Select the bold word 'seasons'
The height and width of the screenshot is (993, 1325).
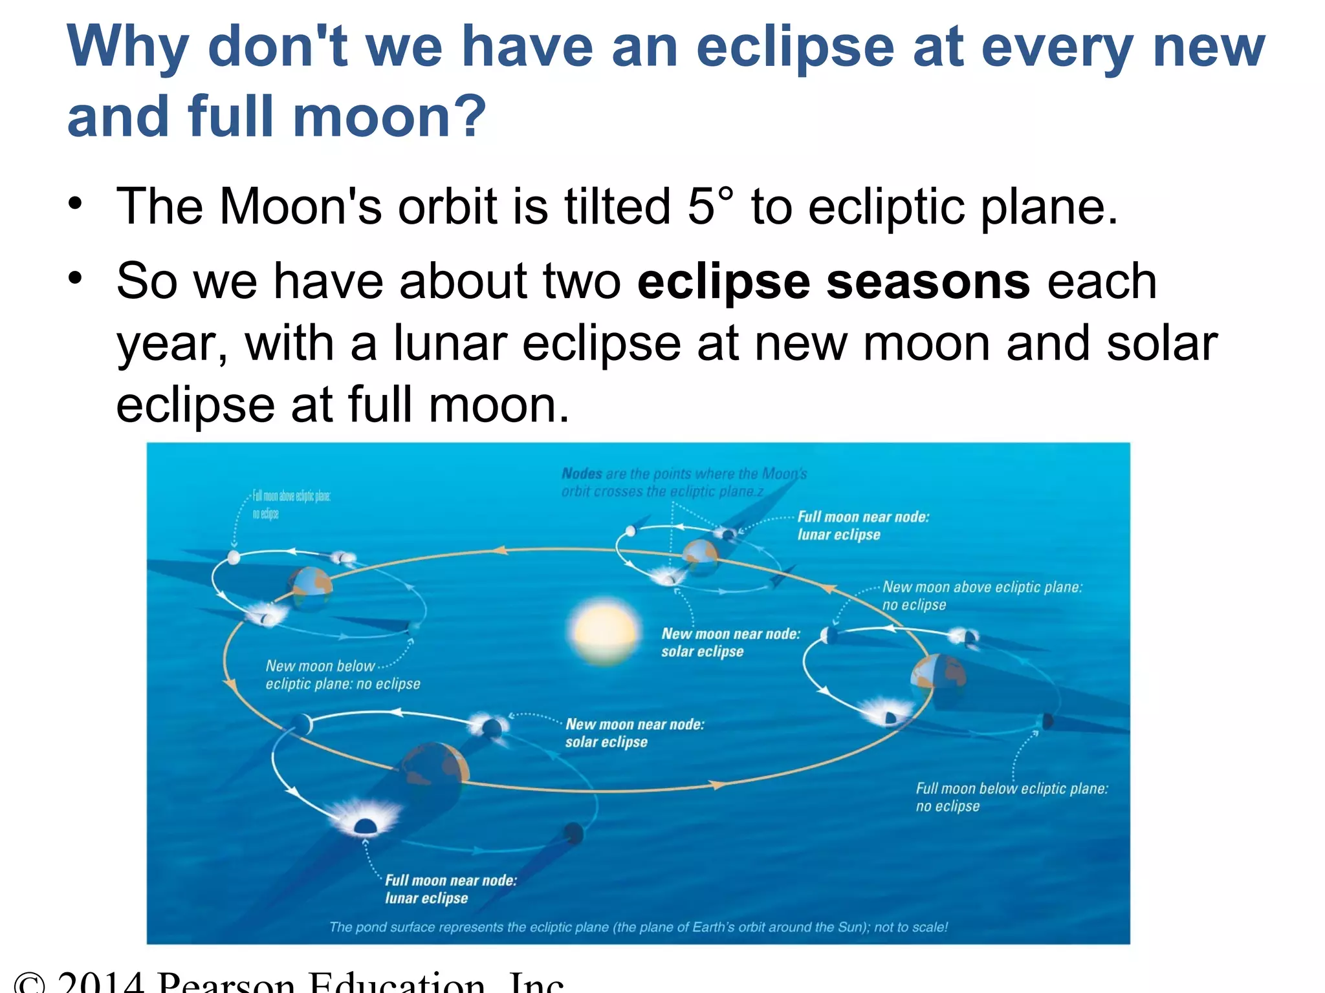[928, 282]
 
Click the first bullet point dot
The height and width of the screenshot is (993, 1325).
[76, 204]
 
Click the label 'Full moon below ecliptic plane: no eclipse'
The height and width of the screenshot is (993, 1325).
[1011, 797]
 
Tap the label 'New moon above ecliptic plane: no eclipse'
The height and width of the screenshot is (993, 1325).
[981, 595]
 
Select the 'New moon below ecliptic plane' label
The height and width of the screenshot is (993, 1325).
[342, 674]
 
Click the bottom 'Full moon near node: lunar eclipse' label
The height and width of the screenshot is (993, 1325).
[450, 889]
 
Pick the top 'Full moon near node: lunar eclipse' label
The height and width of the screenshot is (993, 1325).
[862, 526]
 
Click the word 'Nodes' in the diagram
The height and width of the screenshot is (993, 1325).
[582, 474]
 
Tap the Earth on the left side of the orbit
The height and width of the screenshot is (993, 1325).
[311, 586]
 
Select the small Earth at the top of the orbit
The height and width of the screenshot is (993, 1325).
[700, 555]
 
